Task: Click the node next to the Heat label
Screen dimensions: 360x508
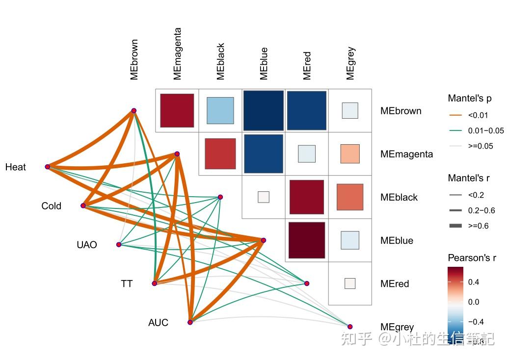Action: pyautogui.click(x=48, y=167)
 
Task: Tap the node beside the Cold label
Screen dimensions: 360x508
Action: pyautogui.click(x=83, y=206)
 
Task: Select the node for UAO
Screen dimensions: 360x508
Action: pyautogui.click(x=119, y=244)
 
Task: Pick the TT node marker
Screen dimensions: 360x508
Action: pyautogui.click(x=155, y=283)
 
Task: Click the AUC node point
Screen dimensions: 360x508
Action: pyautogui.click(x=190, y=322)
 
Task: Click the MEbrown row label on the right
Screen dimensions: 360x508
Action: pyautogui.click(x=401, y=111)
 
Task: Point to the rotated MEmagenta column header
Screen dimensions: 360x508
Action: pyautogui.click(x=178, y=53)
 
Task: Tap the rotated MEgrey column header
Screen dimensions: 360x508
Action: pyautogui.click(x=350, y=63)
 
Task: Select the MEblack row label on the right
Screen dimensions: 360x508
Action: pyautogui.click(x=399, y=197)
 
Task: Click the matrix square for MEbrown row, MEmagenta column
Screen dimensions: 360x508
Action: pyautogui.click(x=177, y=110)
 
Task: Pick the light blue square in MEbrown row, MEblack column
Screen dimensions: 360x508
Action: pyautogui.click(x=220, y=110)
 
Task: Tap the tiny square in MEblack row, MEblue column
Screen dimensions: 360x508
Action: pyautogui.click(x=264, y=197)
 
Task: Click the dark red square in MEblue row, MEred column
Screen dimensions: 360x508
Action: pyautogui.click(x=307, y=240)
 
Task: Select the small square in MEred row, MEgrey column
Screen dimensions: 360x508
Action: pyautogui.click(x=350, y=283)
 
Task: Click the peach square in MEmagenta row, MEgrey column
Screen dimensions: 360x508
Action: pyautogui.click(x=350, y=154)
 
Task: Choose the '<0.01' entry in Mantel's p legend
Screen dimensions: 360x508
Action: pyautogui.click(x=478, y=115)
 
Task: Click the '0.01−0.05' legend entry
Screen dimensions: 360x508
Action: pyautogui.click(x=485, y=130)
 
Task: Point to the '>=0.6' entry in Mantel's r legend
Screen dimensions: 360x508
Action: pyautogui.click(x=478, y=226)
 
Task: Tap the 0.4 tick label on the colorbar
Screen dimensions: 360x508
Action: pyautogui.click(x=473, y=282)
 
